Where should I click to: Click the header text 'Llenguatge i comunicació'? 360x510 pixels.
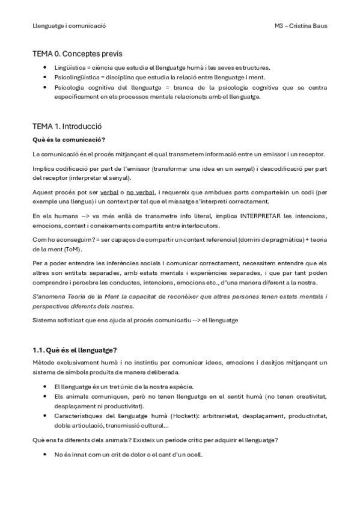click(69, 26)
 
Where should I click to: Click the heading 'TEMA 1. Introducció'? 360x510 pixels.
click(67, 127)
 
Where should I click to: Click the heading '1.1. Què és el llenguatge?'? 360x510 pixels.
click(75, 350)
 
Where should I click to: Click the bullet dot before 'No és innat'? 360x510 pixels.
click(46, 454)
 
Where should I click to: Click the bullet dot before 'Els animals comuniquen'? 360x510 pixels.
click(46, 396)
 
